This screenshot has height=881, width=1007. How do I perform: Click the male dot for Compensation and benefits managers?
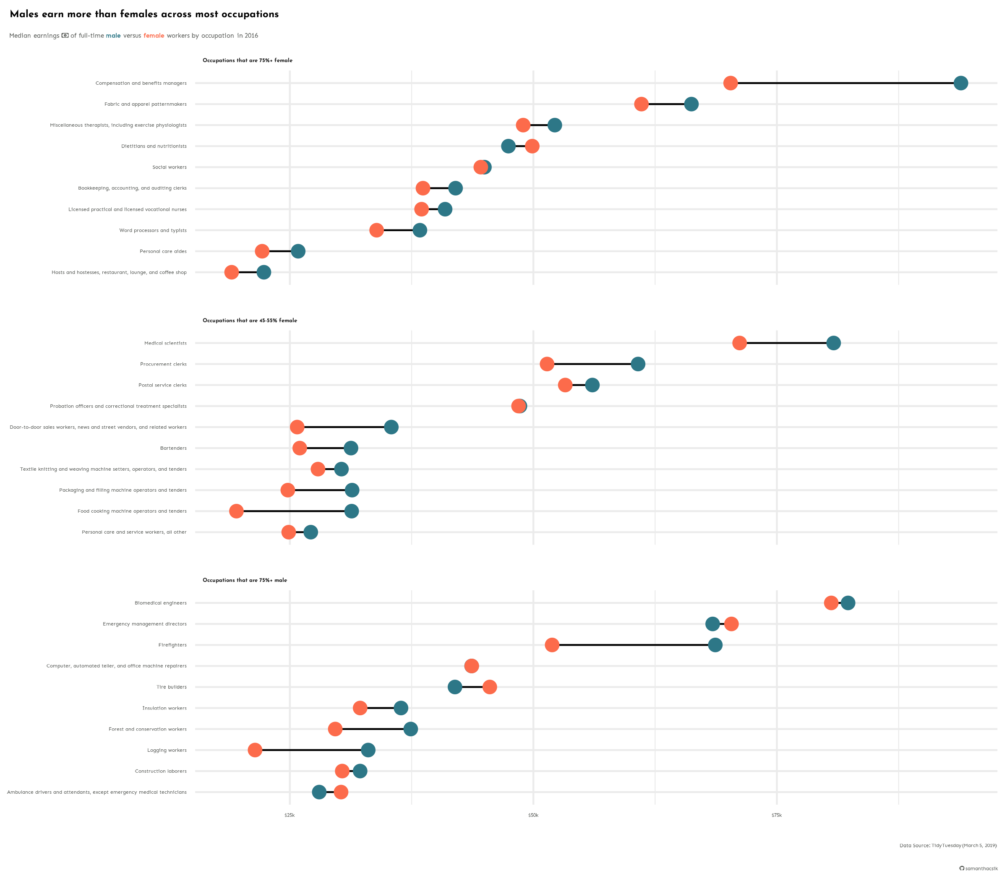coord(960,83)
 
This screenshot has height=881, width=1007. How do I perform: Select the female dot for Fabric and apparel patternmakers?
coord(641,104)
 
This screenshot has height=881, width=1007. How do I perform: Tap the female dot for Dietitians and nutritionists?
coord(532,146)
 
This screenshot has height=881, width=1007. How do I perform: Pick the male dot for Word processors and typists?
coord(420,230)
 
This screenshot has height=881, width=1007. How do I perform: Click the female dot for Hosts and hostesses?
coord(232,272)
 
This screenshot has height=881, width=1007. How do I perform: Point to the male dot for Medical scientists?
coord(833,343)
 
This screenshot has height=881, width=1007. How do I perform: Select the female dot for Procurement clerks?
coord(547,364)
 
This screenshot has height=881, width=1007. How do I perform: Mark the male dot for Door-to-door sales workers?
coord(391,427)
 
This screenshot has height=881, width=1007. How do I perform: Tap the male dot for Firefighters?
coord(715,645)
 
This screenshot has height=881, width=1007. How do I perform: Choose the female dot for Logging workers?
coord(255,750)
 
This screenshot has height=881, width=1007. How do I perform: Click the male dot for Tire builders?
coord(455,687)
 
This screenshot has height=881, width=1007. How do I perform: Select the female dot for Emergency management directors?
coord(731,624)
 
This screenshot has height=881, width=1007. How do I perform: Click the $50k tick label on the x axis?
coord(533,815)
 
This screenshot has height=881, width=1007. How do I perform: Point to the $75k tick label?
coord(776,815)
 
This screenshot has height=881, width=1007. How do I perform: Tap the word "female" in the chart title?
coord(154,35)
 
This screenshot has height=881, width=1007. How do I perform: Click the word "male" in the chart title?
coord(113,35)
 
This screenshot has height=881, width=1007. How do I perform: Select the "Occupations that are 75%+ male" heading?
coord(245,580)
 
